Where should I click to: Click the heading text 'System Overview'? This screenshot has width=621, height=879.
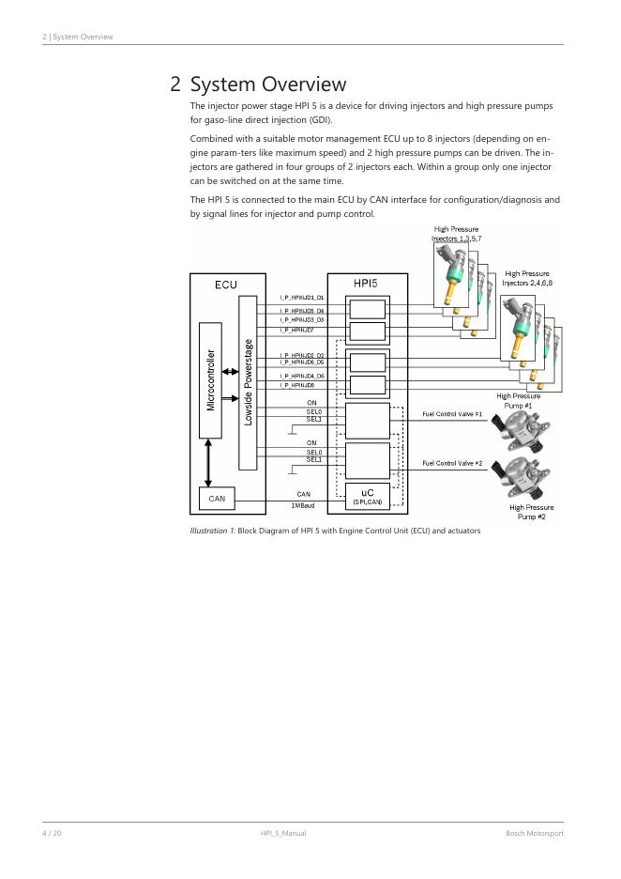(268, 85)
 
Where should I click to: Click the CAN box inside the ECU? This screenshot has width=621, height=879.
(217, 499)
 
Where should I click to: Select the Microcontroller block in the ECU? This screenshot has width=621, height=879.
(210, 379)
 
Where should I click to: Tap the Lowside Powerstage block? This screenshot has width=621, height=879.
(248, 382)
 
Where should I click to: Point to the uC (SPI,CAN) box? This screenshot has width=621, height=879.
(367, 496)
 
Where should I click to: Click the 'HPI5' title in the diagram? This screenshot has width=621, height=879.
(366, 283)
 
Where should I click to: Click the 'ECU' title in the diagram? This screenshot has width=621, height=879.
(225, 285)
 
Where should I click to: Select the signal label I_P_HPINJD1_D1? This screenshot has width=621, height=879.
(302, 298)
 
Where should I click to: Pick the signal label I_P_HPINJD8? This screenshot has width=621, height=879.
(296, 385)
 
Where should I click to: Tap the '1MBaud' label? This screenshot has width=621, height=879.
(303, 505)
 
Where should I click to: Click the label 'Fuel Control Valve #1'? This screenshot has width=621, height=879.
(452, 414)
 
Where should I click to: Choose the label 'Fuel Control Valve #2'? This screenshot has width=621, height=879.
(452, 463)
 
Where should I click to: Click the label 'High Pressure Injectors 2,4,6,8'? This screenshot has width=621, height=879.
(526, 278)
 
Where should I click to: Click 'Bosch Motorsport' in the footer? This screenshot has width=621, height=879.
(534, 833)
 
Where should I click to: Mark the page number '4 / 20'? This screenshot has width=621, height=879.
(51, 833)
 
